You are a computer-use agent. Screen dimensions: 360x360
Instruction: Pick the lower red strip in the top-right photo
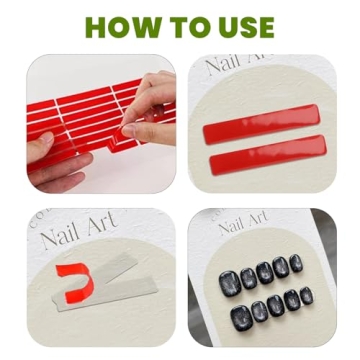click(267, 157)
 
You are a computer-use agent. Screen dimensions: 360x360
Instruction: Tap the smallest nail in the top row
click(297, 263)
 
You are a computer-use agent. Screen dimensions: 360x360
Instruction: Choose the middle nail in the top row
click(265, 272)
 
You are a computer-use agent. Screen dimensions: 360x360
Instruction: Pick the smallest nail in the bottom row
click(305, 296)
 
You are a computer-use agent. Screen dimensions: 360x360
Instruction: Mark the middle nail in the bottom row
click(275, 306)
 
